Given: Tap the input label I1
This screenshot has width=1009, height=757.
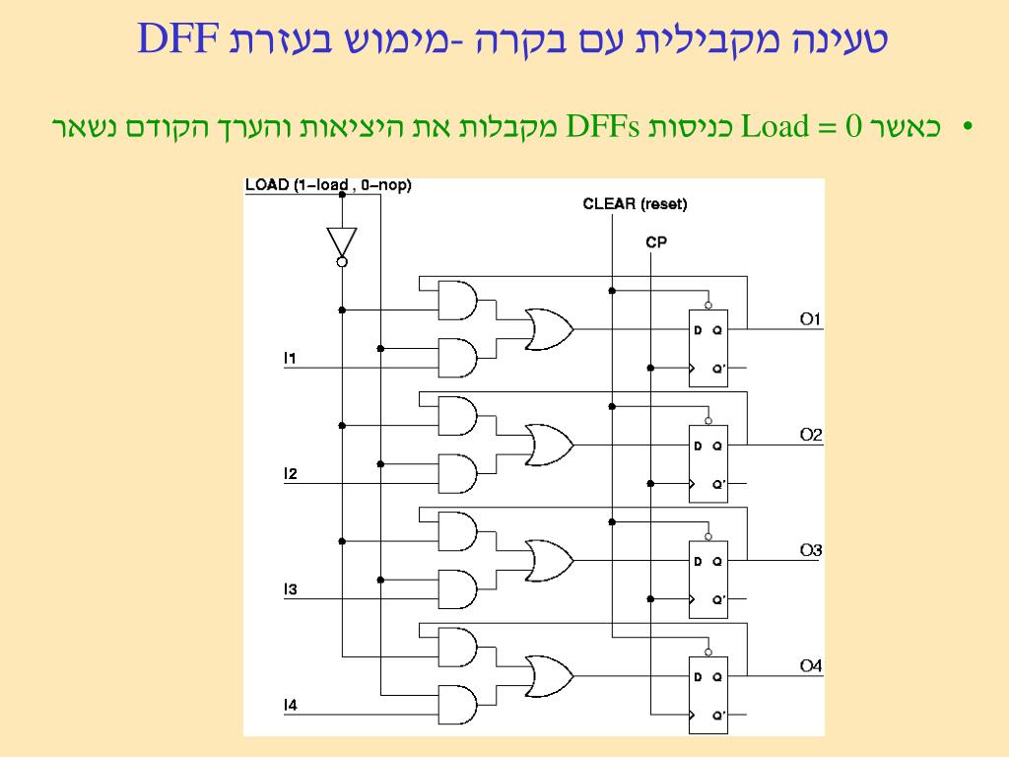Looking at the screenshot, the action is click(290, 358).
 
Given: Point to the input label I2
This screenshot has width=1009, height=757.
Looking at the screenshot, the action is click(290, 474).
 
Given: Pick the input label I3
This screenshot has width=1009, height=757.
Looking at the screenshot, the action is click(290, 589).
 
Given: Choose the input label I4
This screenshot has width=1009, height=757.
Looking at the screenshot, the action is click(290, 705).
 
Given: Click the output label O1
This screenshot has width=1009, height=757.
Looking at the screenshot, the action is click(810, 318).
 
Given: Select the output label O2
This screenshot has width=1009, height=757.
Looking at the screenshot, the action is click(810, 435).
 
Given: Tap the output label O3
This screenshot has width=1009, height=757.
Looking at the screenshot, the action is click(810, 550).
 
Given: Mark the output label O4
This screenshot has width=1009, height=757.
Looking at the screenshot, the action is click(810, 666).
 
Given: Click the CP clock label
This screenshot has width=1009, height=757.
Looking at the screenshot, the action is click(656, 241).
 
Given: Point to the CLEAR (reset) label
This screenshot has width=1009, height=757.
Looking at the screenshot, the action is click(635, 204).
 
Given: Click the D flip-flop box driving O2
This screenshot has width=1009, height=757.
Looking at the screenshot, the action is click(707, 463).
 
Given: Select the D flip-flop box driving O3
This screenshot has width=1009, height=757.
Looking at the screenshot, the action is click(707, 580).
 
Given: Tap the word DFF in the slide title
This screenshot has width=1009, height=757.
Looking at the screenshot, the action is click(177, 38).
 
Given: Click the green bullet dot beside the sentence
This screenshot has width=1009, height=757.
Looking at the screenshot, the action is click(968, 127).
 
